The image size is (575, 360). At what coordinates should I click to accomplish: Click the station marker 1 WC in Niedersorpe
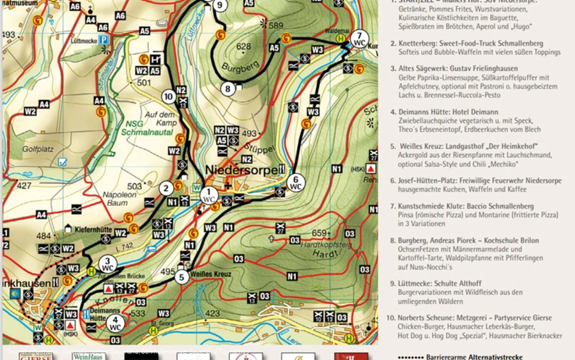click(x=209, y=195)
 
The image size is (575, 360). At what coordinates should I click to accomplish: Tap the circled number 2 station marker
click(x=166, y=188)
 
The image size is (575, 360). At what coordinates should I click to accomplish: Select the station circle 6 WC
click(x=295, y=183)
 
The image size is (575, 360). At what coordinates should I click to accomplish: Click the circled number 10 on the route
click(x=169, y=97)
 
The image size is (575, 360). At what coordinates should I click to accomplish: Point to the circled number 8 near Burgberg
click(x=227, y=89)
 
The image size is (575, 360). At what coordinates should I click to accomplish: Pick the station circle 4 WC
click(x=115, y=323)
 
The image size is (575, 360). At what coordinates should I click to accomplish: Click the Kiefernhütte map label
click(x=89, y=228)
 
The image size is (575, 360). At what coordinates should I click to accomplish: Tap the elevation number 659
click(x=319, y=233)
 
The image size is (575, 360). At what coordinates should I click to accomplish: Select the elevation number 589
click(x=275, y=26)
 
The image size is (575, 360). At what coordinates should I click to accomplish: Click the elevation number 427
click(x=24, y=186)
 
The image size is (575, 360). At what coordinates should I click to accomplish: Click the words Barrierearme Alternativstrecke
click(x=466, y=357)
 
